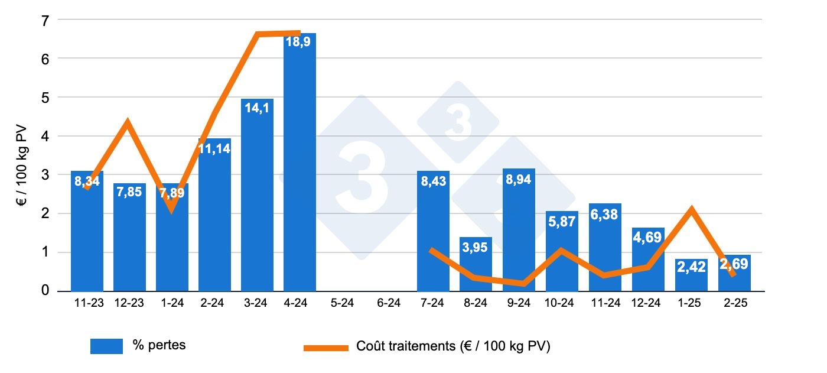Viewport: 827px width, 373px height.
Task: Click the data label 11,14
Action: tap(214, 149)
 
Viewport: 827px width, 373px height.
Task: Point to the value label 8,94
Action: tap(519, 180)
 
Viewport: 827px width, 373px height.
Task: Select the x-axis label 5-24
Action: tap(343, 303)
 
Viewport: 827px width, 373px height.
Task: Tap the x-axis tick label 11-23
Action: tap(87, 303)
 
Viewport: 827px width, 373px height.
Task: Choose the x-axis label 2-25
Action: tap(734, 303)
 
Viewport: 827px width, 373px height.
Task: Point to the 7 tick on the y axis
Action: tap(45, 20)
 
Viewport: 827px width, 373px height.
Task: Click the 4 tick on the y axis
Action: tap(45, 136)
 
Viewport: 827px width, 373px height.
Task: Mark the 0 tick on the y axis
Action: tap(45, 291)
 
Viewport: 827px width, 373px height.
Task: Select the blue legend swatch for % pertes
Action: tap(106, 346)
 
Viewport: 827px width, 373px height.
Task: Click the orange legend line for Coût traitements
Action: tap(326, 348)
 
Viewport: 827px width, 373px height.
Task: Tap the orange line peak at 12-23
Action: tap(127, 122)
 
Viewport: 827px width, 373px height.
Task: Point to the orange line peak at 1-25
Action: tap(691, 209)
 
